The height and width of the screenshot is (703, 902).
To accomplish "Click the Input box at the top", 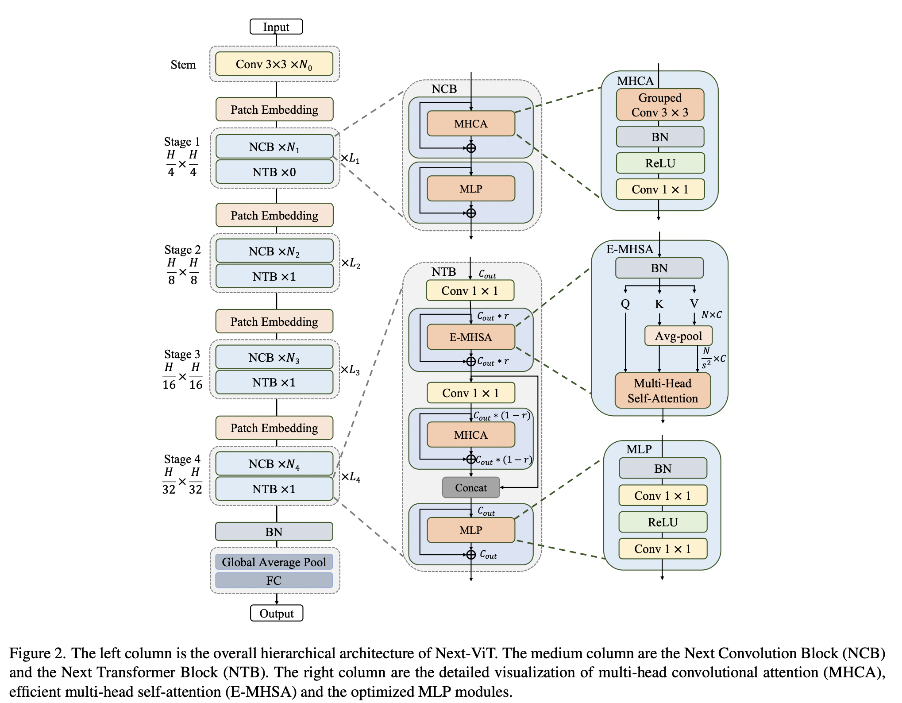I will (276, 27).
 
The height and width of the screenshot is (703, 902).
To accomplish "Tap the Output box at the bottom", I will (277, 613).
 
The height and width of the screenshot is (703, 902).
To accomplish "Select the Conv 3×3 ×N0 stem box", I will (274, 64).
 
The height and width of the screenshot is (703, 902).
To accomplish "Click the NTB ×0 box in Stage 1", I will (274, 172).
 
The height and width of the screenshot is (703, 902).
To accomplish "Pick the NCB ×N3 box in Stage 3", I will (274, 357).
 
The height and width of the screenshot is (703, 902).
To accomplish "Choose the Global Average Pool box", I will (274, 562).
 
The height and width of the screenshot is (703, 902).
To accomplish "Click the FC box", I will (274, 580).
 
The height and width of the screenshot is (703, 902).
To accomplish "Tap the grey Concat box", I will (471, 487).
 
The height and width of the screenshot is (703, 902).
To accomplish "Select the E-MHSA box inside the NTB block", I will (471, 337).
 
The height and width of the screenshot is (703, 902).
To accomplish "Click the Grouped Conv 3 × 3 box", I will (660, 105).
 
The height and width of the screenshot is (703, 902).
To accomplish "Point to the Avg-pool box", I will (678, 336).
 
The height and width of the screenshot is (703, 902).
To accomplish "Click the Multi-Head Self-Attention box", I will (663, 390).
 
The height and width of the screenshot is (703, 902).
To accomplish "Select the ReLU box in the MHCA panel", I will (660, 163).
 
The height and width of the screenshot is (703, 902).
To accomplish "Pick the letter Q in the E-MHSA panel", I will (625, 304).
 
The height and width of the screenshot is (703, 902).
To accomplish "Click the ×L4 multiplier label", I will (351, 477).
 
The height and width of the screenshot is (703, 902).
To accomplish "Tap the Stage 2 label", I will (182, 250).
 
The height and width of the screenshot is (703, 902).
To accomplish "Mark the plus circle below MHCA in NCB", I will (471, 148).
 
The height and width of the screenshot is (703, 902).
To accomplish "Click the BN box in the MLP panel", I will (663, 468).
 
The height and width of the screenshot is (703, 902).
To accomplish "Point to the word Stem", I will (183, 65).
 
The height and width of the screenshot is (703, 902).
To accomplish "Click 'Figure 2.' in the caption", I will (38, 653).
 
